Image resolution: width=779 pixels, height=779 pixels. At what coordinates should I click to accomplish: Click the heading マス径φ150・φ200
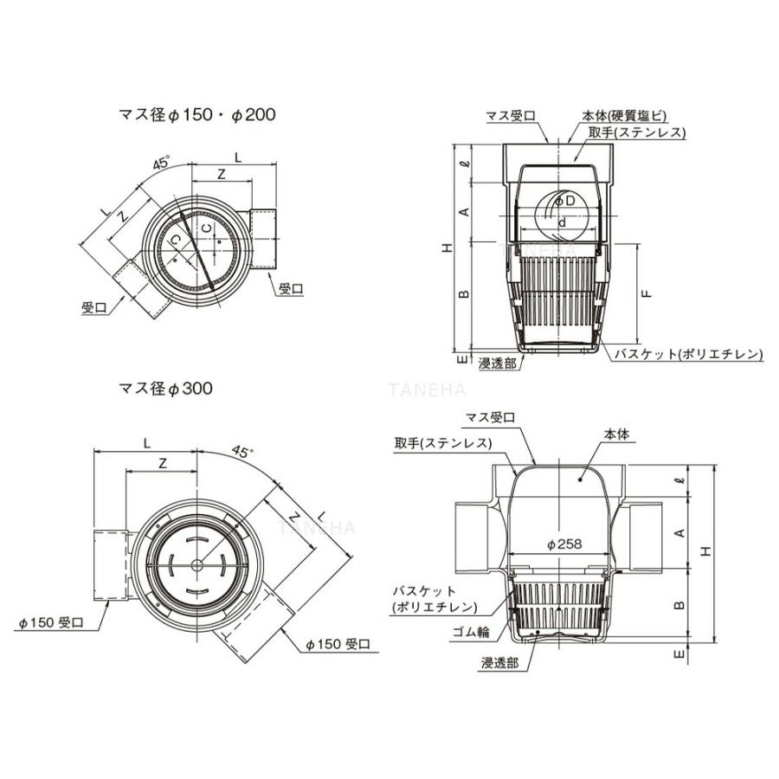(x=196, y=115)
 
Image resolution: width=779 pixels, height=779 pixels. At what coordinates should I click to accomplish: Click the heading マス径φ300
(x=165, y=388)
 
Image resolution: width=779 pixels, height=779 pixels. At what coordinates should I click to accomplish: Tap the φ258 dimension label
(x=563, y=544)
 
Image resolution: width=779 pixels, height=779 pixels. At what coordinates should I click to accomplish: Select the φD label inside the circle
(x=565, y=201)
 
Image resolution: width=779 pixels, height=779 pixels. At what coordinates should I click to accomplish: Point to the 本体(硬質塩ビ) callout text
(x=624, y=116)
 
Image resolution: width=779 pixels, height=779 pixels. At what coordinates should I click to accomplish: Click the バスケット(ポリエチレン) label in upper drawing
(x=688, y=354)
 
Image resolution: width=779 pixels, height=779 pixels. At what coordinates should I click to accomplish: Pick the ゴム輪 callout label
(x=471, y=632)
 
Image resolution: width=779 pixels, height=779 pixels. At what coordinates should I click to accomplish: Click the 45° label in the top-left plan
(x=161, y=163)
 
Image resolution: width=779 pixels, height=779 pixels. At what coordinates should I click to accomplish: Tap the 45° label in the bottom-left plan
(x=242, y=451)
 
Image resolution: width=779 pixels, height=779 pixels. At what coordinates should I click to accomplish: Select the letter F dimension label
(x=647, y=293)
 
